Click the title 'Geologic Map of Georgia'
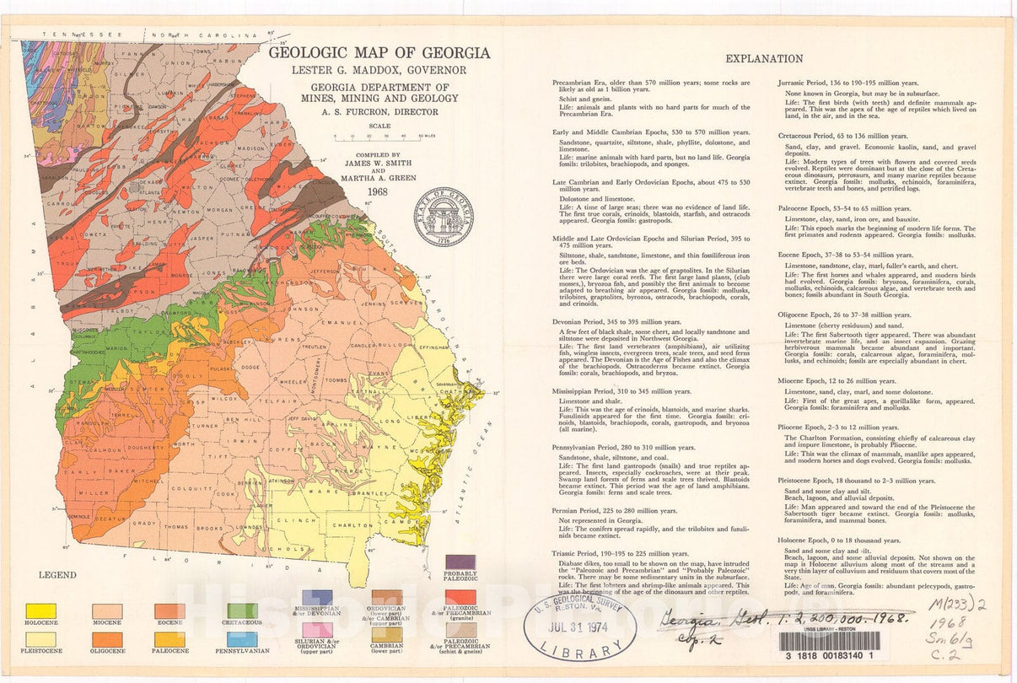pos(379,53)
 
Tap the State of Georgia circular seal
pos(443,217)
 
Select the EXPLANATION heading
pos(764,59)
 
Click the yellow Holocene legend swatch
pos(41,610)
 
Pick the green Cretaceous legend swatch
pos(243,610)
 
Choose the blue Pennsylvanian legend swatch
pos(243,639)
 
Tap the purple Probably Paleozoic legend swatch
pos(460,562)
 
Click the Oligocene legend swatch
pos(107,639)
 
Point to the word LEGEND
pos(57,575)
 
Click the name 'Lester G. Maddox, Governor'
pos(379,71)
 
